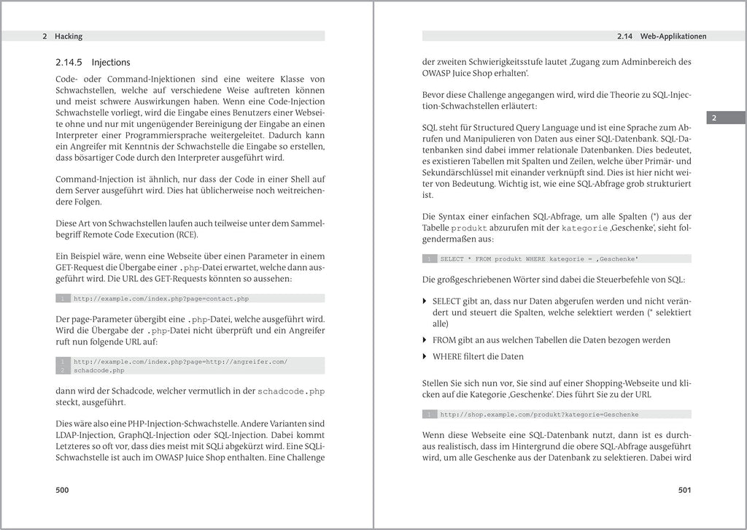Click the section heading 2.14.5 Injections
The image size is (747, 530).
coord(93,63)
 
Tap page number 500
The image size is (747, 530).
coord(63,490)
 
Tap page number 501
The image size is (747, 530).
coord(684,490)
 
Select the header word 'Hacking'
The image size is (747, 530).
coord(69,36)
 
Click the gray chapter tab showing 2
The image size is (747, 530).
coord(714,118)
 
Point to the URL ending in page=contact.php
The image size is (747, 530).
coord(161,299)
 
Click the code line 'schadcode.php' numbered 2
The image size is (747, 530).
coord(99,370)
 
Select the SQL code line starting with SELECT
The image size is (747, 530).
coord(539,258)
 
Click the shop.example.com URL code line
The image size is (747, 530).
coord(539,415)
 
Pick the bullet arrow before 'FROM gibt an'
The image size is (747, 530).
coord(425,340)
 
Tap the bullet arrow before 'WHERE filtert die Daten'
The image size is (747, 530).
coord(425,357)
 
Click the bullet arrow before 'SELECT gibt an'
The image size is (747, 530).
coord(425,301)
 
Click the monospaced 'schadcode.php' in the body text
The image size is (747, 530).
coord(291,391)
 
